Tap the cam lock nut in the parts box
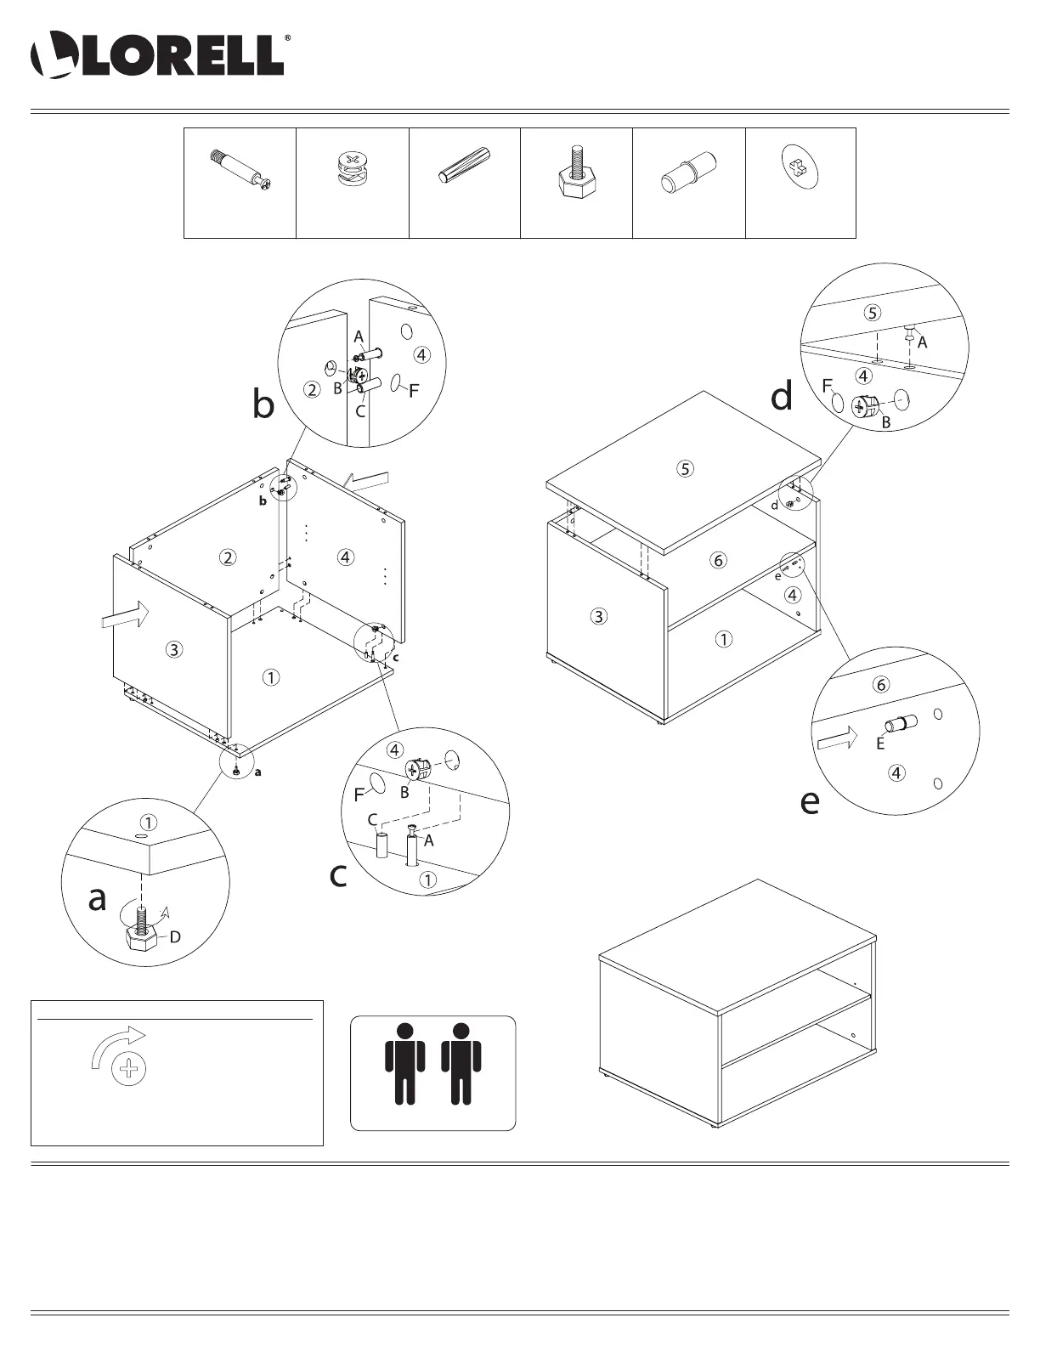(351, 171)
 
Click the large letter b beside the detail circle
(263, 405)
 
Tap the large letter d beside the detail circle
(781, 397)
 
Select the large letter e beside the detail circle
(810, 801)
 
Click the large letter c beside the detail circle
(338, 875)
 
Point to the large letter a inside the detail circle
(98, 898)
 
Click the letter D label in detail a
(175, 937)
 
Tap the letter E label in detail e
(880, 744)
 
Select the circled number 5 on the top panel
(686, 467)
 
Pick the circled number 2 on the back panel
(227, 557)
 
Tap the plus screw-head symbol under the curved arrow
(129, 1068)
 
